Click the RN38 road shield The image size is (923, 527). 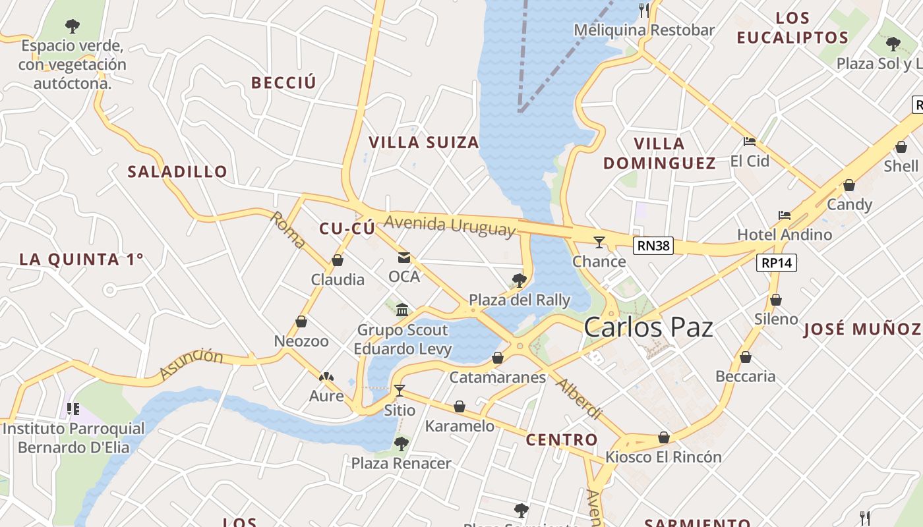pyautogui.click(x=653, y=246)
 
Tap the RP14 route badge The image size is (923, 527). pyautogui.click(x=777, y=263)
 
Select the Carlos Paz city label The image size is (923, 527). pyautogui.click(x=648, y=327)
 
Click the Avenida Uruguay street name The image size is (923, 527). pyautogui.click(x=449, y=225)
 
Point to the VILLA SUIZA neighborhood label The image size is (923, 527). pyautogui.click(x=423, y=143)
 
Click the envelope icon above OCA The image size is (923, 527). pyautogui.click(x=403, y=258)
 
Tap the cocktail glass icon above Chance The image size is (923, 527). pyautogui.click(x=599, y=242)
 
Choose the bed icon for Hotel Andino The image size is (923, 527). pyautogui.click(x=784, y=215)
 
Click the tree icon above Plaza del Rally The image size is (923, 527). pyautogui.click(x=519, y=281)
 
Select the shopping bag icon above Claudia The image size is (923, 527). pyautogui.click(x=338, y=260)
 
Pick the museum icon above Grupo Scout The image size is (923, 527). pyautogui.click(x=402, y=310)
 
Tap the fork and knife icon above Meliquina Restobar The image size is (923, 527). pyautogui.click(x=644, y=10)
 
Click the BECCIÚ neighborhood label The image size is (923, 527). pyautogui.click(x=283, y=83)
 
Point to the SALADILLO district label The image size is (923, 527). pyautogui.click(x=177, y=172)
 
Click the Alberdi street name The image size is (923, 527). pyautogui.click(x=580, y=399)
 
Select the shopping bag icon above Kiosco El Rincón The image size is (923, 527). pyautogui.click(x=664, y=438)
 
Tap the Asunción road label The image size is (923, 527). pyautogui.click(x=192, y=364)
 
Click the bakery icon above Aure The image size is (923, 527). pyautogui.click(x=326, y=377)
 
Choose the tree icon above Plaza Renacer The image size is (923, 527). pyautogui.click(x=401, y=444)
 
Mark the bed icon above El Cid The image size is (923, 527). pyautogui.click(x=749, y=142)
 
